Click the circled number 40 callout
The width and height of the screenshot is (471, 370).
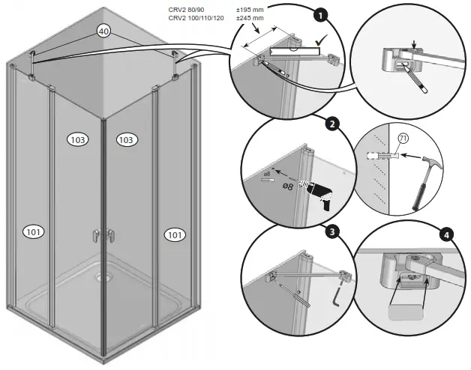pyautogui.click(x=104, y=31)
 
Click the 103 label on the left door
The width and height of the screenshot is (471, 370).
pyautogui.click(x=77, y=140)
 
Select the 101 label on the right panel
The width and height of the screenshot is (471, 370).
pyautogui.click(x=174, y=234)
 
